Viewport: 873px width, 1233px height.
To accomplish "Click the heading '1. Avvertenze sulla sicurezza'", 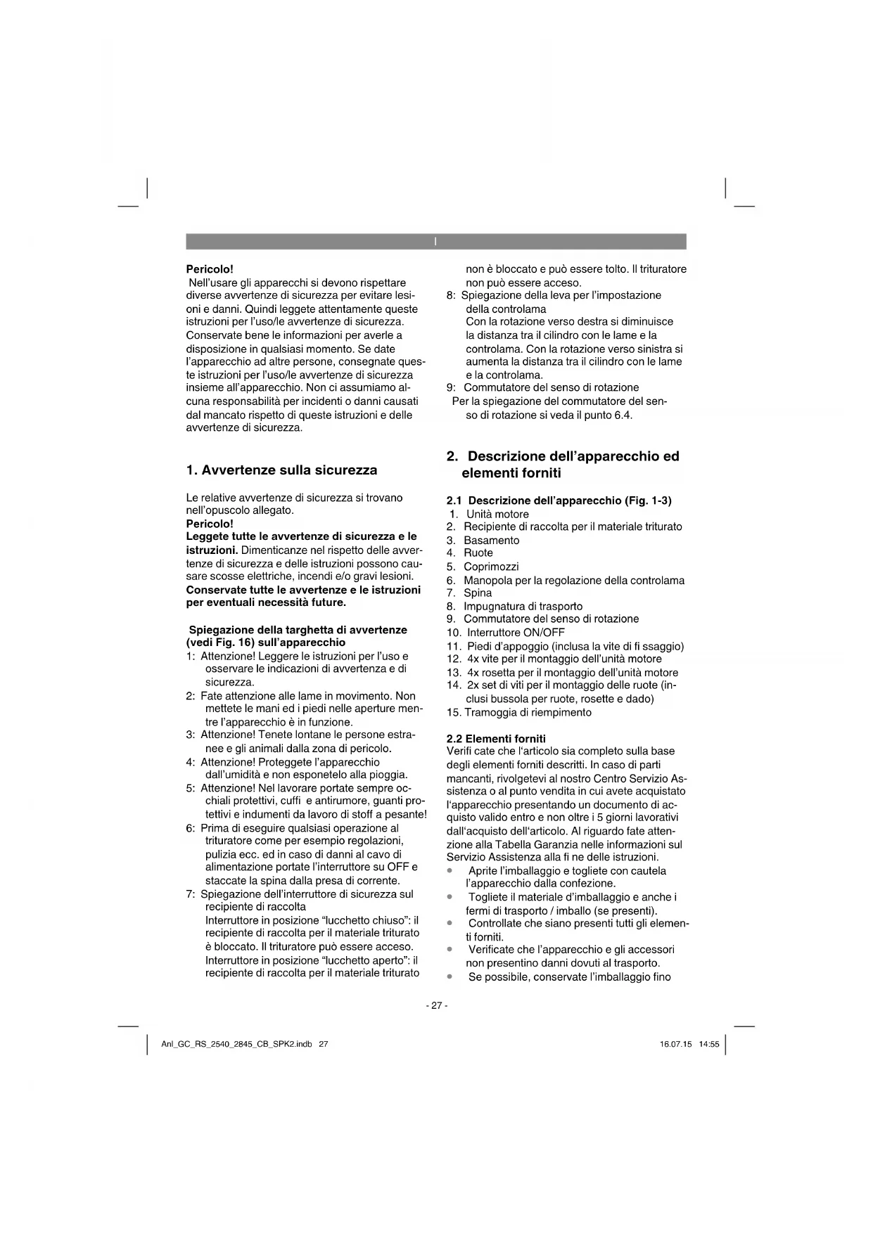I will point(281,470).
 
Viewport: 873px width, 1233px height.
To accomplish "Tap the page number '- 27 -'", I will point(436,1005).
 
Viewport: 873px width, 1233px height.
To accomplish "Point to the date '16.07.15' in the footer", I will point(675,1044).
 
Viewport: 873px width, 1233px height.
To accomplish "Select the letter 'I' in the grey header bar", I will point(435,242).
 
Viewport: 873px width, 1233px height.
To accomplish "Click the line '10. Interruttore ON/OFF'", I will point(505,632).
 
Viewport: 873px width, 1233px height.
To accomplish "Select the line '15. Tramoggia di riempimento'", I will point(518,712).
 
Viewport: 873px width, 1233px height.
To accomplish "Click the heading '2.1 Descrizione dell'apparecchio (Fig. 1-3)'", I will point(559,501).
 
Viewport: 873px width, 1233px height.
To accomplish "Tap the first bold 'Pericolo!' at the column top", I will point(209,269).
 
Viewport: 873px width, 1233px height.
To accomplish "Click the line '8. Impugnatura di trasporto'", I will point(514,606).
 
